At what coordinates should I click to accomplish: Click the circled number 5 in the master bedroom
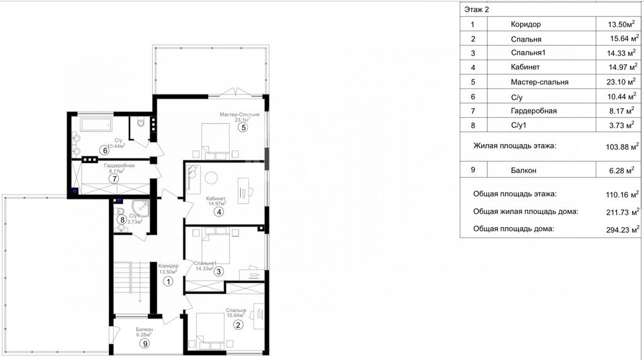click(243, 127)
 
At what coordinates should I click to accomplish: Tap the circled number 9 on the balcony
click(144, 344)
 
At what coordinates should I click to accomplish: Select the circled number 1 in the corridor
click(168, 281)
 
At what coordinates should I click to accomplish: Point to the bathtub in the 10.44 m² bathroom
click(96, 124)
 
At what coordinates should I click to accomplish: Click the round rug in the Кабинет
click(211, 178)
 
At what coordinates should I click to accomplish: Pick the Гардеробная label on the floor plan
click(119, 166)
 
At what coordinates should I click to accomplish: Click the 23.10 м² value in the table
click(621, 82)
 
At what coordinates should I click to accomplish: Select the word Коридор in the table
click(526, 25)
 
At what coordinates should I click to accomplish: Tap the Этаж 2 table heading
click(477, 9)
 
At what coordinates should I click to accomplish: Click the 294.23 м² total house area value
click(623, 230)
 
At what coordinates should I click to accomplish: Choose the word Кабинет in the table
click(525, 67)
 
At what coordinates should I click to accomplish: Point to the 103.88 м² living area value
click(622, 147)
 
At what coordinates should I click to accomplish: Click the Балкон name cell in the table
click(523, 170)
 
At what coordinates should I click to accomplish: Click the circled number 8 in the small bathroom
click(121, 220)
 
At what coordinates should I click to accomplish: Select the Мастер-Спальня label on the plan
click(240, 115)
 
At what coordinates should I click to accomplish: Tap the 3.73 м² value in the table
click(622, 125)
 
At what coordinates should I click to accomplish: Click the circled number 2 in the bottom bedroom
click(238, 325)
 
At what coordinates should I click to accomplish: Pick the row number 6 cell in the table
click(473, 97)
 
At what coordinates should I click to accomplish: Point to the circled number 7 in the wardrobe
click(114, 179)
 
